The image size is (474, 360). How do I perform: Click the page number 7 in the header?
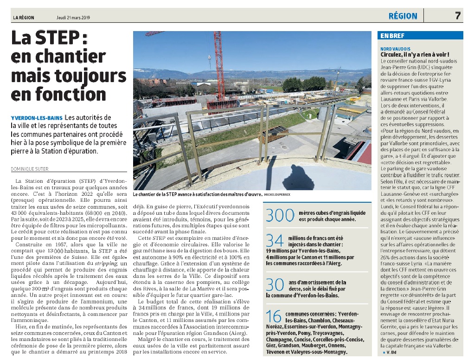457,16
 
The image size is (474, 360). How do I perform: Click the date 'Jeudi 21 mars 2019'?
73,18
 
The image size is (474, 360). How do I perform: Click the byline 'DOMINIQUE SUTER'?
30,169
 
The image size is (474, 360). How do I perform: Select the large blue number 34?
274,240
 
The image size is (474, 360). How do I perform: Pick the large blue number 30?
274,284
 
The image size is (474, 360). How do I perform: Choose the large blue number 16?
274,316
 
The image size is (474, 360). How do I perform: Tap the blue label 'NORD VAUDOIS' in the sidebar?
395,48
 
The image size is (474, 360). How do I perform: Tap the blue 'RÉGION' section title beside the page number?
403,16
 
